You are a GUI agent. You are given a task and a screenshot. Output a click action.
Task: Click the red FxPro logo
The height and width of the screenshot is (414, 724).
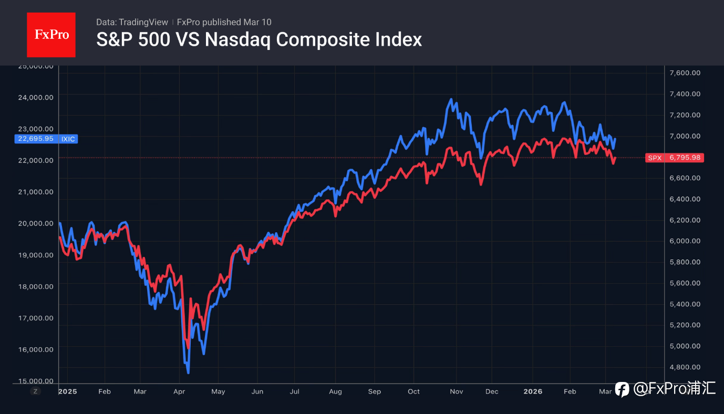click(x=51, y=35)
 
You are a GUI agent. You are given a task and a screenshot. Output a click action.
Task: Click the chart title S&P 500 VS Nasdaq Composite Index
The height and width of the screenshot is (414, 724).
click(x=258, y=39)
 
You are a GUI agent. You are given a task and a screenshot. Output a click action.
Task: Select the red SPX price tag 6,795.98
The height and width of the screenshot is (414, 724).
click(x=674, y=158)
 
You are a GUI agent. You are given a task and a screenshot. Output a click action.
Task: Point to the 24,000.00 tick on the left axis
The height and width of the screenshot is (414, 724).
click(x=36, y=97)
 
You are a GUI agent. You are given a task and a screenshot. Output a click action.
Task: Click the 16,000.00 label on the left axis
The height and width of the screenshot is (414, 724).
click(x=36, y=349)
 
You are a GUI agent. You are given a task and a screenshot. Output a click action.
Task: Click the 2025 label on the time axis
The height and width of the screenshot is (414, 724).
click(x=67, y=391)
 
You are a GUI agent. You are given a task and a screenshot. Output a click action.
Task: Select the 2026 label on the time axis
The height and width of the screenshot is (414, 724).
click(x=533, y=391)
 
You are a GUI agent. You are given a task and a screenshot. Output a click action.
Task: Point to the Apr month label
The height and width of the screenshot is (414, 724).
click(x=180, y=391)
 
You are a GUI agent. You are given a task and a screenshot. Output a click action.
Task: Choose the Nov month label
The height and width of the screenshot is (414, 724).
click(x=457, y=391)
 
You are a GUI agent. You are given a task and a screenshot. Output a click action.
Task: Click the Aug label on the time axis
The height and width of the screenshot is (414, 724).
click(x=335, y=391)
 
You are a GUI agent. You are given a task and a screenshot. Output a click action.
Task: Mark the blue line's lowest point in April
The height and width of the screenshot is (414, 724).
click(x=188, y=372)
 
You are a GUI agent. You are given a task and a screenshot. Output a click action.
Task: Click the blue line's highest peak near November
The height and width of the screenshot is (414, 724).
click(x=451, y=99)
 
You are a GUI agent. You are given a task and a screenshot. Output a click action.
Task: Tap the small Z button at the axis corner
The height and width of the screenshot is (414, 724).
click(x=35, y=391)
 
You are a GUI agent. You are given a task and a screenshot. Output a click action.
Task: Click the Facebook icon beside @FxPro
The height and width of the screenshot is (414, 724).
click(x=622, y=389)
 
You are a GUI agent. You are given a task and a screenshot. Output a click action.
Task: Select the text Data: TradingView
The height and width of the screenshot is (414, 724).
click(x=132, y=22)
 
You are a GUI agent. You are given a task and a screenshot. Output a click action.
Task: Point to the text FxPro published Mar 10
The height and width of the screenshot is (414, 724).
click(x=224, y=22)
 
